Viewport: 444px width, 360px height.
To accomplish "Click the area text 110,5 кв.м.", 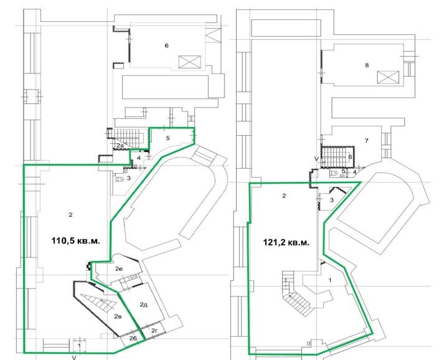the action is [x=76, y=241].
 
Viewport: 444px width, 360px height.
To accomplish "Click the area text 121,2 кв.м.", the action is [x=286, y=243].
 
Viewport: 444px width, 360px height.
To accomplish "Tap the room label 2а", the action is [x=120, y=146].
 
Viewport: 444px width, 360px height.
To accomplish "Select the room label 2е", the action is [x=119, y=269].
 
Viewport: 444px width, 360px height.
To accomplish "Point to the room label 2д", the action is [x=144, y=305].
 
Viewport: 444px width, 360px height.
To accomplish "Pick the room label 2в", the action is [x=118, y=316].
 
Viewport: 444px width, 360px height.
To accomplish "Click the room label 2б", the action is [x=133, y=338].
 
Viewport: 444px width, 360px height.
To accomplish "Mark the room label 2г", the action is [x=154, y=330].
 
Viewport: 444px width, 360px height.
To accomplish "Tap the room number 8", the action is [x=367, y=65].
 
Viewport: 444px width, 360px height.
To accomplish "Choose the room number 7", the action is [x=367, y=141].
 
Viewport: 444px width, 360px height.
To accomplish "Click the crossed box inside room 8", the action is [x=388, y=77].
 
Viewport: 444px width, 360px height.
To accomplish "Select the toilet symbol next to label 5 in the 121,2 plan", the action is [x=334, y=173].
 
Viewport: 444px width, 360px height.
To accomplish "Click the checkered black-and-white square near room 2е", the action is [x=89, y=266].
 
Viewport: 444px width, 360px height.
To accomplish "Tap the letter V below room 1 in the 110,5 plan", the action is [x=74, y=358].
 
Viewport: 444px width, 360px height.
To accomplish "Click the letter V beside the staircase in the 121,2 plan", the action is [x=316, y=159].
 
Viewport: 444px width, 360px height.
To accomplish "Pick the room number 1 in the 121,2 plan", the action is [x=330, y=280].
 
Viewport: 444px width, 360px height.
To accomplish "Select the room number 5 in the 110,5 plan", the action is [x=168, y=138].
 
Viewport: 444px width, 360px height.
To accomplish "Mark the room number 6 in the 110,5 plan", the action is [x=166, y=45].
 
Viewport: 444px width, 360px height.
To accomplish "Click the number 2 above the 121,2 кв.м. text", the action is [x=284, y=196].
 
